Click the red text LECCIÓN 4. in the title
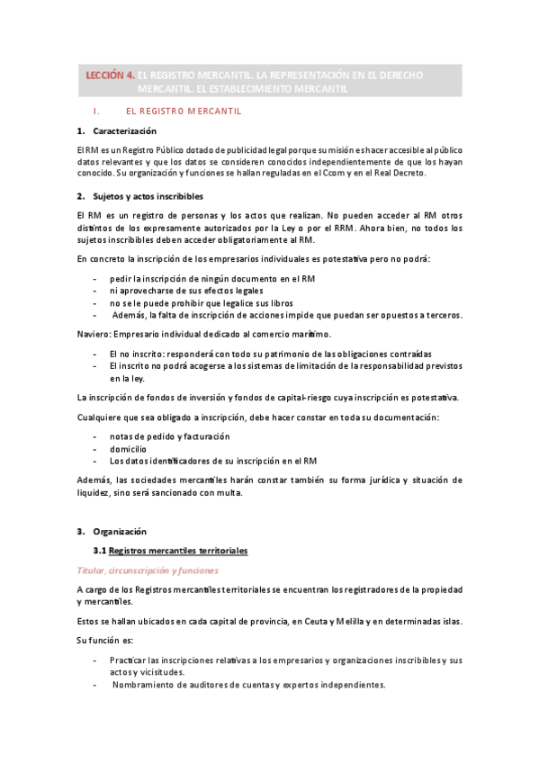pos(111,76)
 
